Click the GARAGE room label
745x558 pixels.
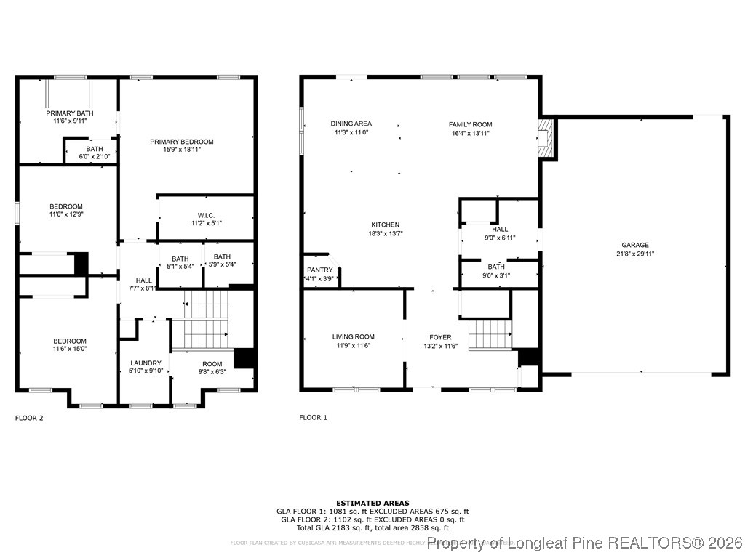pos(634,245)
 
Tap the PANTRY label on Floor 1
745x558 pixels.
pos(319,270)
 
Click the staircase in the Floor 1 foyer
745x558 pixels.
pos(490,335)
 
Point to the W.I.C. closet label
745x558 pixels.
pos(205,214)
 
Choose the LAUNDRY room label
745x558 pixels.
pos(146,363)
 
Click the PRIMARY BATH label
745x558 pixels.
pos(69,113)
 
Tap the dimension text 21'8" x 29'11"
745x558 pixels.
pos(634,254)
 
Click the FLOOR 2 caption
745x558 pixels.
pos(29,418)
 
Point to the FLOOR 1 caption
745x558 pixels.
pos(313,418)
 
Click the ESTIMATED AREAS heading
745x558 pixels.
pos(372,503)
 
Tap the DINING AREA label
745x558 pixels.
pos(351,124)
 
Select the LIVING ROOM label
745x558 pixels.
pos(353,336)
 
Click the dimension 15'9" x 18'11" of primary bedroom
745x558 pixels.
pos(182,150)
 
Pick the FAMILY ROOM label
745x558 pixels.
pos(470,124)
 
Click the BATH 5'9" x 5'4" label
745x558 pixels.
pos(221,256)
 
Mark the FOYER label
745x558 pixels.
pos(440,337)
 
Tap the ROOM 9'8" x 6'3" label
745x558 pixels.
pos(212,364)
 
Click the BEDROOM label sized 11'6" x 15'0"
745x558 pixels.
pos(69,341)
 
